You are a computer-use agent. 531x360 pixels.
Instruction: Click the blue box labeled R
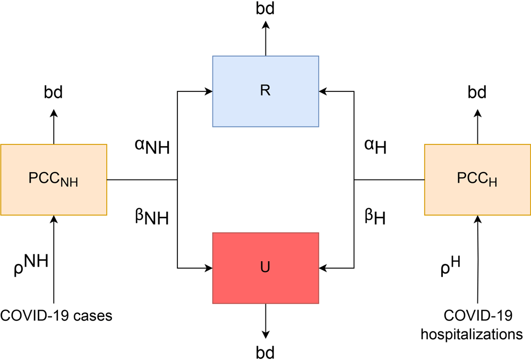coord(265,91)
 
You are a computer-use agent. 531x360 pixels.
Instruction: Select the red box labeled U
coord(265,268)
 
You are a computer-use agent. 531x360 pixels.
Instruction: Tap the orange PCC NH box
coord(53,179)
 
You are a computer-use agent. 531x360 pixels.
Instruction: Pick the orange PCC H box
coord(477,179)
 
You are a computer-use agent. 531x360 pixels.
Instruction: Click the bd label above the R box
coord(265,9)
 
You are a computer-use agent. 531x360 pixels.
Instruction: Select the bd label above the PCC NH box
coord(53,93)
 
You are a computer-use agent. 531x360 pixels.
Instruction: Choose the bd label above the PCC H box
coord(477,93)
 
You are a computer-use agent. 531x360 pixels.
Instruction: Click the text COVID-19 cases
coord(56,316)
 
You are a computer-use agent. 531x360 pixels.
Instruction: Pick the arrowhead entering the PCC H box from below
coord(478,219)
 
